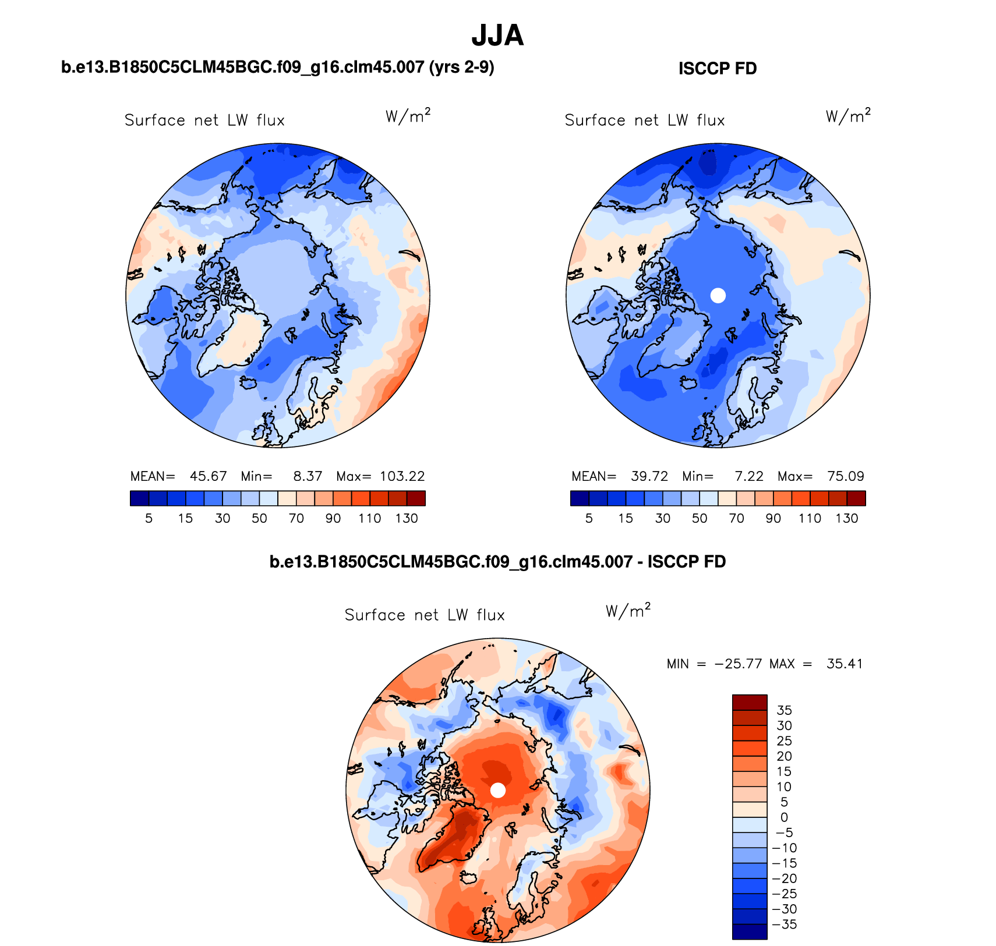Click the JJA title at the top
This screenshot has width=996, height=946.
coord(497,36)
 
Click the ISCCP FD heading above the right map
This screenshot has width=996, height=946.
coord(718,69)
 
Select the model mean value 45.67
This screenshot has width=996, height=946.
coord(208,476)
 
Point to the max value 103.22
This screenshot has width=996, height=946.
coord(402,476)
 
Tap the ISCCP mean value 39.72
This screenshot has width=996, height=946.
coord(649,476)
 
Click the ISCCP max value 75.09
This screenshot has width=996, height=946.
coord(846,476)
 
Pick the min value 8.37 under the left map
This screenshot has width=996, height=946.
coord(308,476)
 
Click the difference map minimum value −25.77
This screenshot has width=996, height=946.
coord(738,664)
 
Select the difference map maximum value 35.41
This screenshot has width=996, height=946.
coord(845,664)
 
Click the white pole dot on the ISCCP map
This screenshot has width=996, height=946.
coord(718,295)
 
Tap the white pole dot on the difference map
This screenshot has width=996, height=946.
coord(497,790)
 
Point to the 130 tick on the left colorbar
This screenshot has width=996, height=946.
coord(407,518)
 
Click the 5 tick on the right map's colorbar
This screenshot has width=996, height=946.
coord(589,518)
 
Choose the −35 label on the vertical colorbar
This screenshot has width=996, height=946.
coord(784,924)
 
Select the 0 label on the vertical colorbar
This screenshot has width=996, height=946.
coord(784,817)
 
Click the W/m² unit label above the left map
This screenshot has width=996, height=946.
coord(408,116)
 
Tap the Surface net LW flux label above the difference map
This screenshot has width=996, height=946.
coord(425,615)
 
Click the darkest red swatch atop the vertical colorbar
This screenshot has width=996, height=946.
coord(750,702)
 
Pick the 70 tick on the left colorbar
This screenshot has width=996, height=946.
coord(296,518)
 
